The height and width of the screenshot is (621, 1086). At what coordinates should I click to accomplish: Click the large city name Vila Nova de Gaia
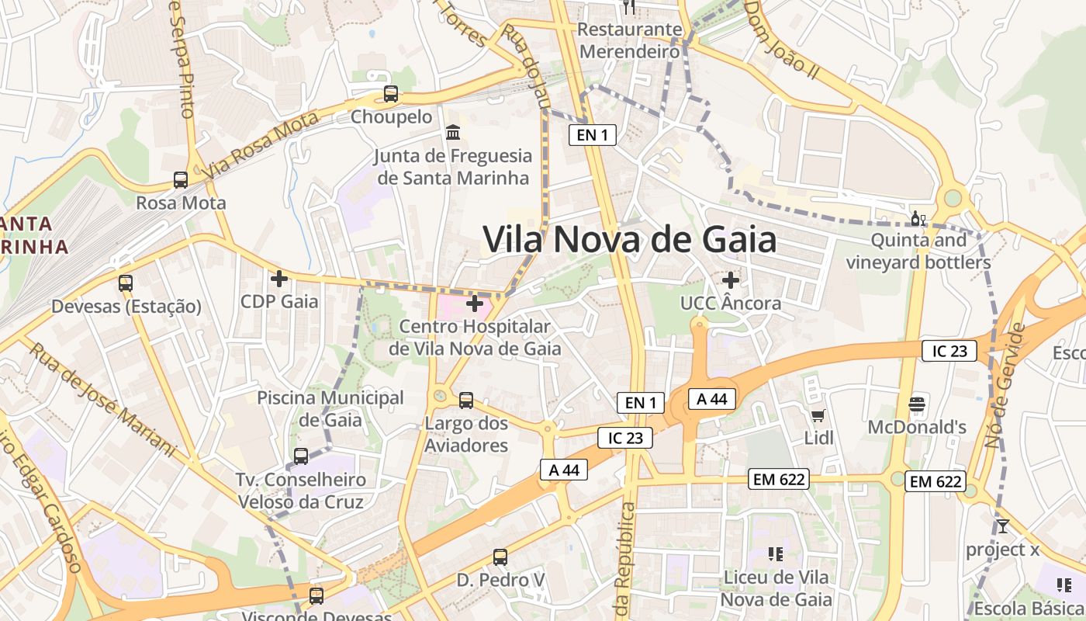click(x=629, y=239)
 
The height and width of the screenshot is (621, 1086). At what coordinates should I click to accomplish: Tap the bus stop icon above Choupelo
click(x=391, y=95)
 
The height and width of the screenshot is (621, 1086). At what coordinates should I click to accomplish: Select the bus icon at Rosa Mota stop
click(x=181, y=180)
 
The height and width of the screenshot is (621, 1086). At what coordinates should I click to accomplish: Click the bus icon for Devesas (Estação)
click(x=126, y=283)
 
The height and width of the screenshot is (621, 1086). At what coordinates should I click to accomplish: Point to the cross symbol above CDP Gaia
click(x=279, y=278)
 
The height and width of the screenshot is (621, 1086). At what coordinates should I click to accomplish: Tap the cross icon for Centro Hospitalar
click(x=475, y=304)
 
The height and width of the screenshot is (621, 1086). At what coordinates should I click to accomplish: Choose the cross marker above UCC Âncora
click(x=730, y=279)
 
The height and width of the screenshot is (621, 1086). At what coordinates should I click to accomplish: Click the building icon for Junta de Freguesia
click(x=453, y=133)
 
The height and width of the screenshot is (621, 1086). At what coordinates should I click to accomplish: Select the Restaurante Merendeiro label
click(x=630, y=40)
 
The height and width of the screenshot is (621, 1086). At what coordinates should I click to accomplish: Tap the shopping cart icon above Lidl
click(x=818, y=416)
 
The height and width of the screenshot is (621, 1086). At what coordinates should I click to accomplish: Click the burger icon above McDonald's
click(x=917, y=404)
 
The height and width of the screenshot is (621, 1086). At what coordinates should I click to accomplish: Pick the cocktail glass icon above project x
click(x=1002, y=526)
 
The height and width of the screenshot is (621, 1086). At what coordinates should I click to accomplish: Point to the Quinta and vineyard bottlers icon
click(x=918, y=219)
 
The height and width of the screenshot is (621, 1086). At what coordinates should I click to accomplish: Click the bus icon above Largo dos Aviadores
click(x=466, y=401)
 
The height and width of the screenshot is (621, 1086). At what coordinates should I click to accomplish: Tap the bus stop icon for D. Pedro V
click(x=500, y=557)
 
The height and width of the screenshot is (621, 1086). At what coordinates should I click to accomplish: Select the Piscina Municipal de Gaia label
click(x=330, y=409)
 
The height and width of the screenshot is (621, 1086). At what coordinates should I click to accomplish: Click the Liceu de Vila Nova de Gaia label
click(x=776, y=588)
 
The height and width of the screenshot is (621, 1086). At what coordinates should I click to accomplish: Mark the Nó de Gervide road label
click(x=1005, y=386)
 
